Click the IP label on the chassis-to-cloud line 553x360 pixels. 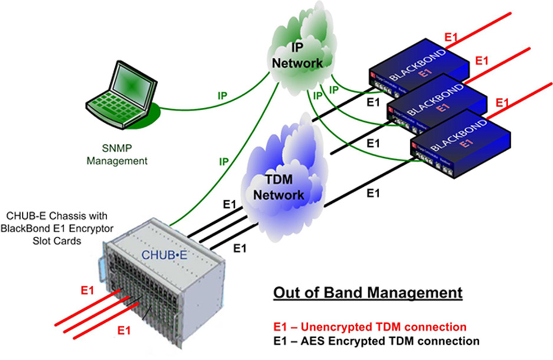[225, 160]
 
